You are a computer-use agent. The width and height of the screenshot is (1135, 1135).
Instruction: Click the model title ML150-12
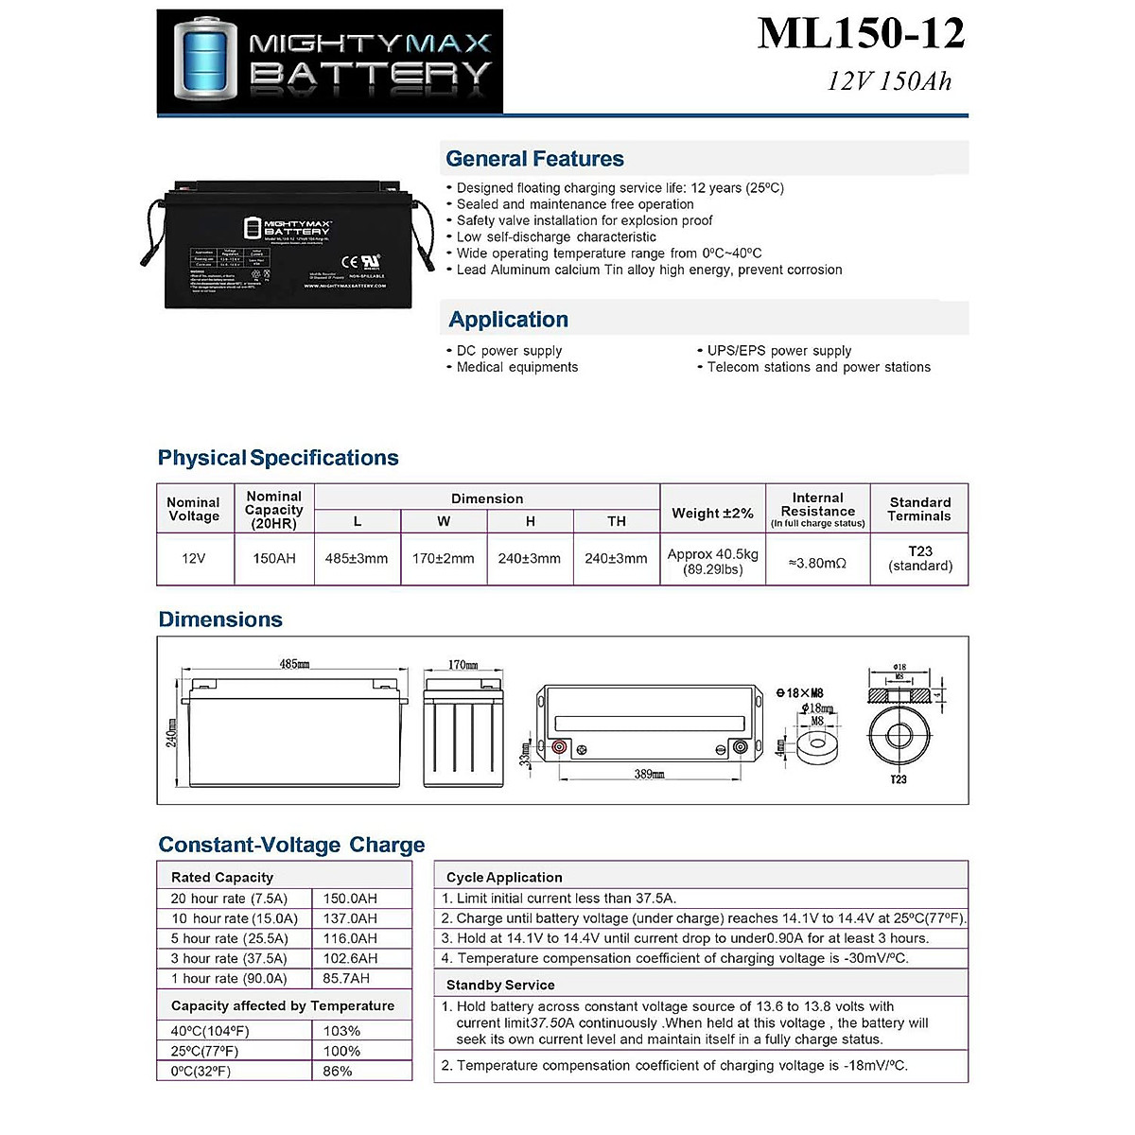[861, 34]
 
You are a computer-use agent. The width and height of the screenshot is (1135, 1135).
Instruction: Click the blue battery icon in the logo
[201, 60]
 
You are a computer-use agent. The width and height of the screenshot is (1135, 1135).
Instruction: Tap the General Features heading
[534, 159]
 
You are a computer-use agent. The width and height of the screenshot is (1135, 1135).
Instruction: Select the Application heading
[508, 320]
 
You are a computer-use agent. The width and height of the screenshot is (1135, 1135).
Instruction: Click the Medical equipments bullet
[516, 367]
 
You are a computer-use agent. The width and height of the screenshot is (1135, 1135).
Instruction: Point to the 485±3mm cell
[357, 559]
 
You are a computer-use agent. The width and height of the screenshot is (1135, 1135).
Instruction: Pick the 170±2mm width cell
[443, 559]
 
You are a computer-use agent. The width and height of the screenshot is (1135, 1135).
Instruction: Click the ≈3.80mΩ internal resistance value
[817, 563]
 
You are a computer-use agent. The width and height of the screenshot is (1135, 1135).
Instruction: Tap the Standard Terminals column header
[919, 509]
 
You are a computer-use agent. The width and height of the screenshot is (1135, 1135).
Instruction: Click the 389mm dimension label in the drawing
[649, 775]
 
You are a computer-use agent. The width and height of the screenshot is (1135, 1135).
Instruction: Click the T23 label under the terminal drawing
[898, 779]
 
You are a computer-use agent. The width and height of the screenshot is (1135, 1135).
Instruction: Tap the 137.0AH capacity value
[350, 918]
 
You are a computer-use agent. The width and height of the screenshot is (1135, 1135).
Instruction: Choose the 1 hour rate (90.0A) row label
[229, 979]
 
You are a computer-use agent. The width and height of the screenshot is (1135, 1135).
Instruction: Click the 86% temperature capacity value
[338, 1072]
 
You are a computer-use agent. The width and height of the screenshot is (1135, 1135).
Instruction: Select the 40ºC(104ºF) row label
[210, 1031]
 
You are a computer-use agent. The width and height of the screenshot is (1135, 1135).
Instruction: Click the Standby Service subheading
[500, 986]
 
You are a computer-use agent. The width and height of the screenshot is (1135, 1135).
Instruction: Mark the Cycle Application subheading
[504, 878]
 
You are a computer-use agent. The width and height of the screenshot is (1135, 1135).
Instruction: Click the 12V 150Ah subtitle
[889, 81]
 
